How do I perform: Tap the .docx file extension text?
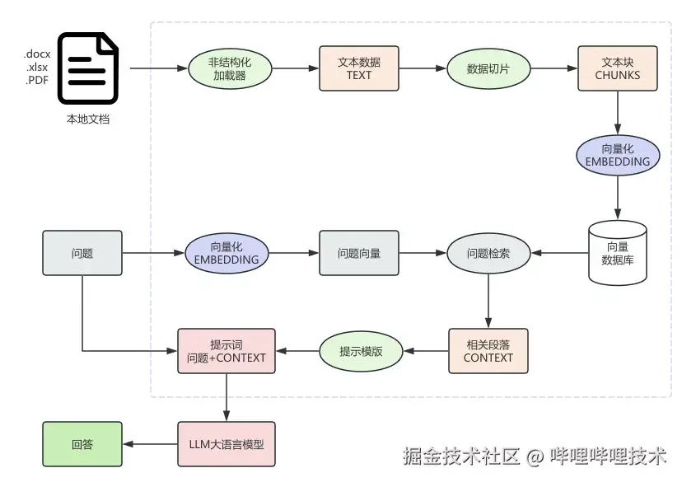tap(37, 54)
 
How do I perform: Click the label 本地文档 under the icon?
tap(88, 119)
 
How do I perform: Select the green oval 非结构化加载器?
tap(230, 68)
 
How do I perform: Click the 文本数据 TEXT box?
tap(359, 68)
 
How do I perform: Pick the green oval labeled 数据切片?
tap(488, 68)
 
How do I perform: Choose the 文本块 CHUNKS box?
tap(618, 68)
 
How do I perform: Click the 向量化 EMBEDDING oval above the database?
tap(618, 155)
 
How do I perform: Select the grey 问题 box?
tap(82, 253)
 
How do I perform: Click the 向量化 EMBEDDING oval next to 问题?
tap(227, 253)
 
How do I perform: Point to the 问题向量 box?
tap(359, 253)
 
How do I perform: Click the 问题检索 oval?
tap(488, 253)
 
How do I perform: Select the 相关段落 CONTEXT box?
tap(488, 351)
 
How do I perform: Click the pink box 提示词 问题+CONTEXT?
tap(227, 351)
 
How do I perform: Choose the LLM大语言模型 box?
tap(227, 445)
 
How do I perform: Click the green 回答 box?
tap(82, 445)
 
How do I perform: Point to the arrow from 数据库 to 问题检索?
tap(560, 253)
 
